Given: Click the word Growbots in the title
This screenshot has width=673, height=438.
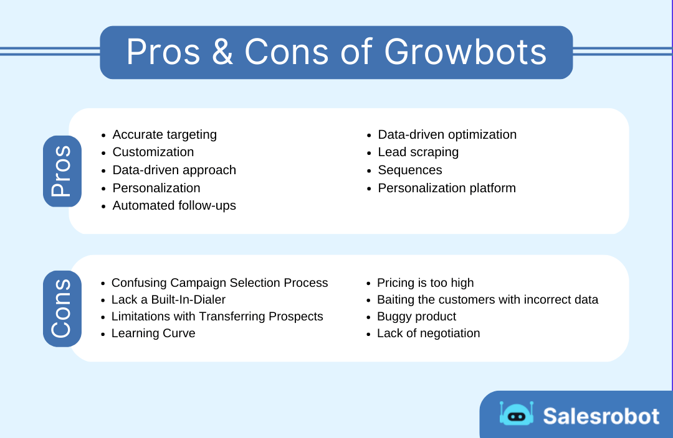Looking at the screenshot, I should [x=465, y=52].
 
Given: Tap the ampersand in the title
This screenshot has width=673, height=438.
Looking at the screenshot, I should [x=222, y=52].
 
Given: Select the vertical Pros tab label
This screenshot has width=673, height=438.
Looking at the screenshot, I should [x=62, y=171].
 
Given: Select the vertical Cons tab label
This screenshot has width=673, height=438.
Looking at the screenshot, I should [x=62, y=309].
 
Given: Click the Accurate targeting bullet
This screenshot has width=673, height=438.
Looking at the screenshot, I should [x=165, y=134].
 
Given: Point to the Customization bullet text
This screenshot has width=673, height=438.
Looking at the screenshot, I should [x=153, y=152].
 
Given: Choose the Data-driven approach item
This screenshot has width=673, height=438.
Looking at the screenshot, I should [x=174, y=170].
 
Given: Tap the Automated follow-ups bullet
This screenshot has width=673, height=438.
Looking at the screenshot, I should [x=174, y=205].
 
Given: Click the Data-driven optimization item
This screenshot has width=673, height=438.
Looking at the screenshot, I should [x=447, y=134].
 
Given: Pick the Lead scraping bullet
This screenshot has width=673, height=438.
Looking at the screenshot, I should [x=418, y=152].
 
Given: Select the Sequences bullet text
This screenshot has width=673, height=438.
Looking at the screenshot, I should [x=409, y=170].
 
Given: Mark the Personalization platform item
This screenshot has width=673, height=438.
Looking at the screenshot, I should [x=447, y=188].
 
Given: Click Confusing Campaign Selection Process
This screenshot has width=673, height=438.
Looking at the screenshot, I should [x=219, y=283].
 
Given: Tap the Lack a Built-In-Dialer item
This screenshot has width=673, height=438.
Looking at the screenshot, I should [x=168, y=300].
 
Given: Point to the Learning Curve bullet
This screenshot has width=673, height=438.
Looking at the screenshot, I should [x=153, y=333].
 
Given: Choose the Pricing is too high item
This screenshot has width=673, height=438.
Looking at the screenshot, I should [x=425, y=283].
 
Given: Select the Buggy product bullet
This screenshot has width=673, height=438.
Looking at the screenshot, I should [x=416, y=317].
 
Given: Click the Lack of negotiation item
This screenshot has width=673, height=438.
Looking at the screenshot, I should [x=428, y=333].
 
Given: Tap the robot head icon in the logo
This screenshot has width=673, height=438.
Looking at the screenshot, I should [x=517, y=414].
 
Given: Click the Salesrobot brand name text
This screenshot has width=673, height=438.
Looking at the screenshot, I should [x=601, y=416].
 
